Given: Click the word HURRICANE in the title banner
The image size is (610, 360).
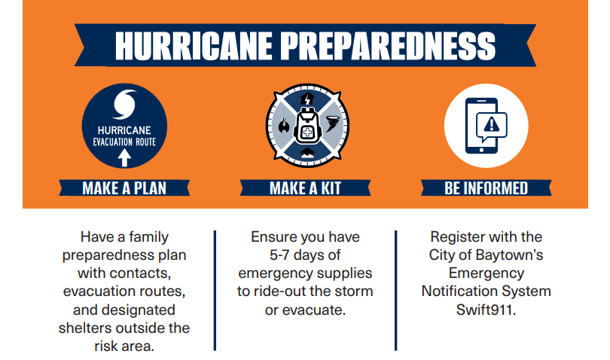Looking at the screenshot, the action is coord(194,45).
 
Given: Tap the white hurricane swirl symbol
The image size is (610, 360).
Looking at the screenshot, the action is coord(124,105).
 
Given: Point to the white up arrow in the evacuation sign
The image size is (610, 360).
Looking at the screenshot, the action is coord(124,158).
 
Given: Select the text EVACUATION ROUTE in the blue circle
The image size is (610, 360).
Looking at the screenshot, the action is coord(124,142).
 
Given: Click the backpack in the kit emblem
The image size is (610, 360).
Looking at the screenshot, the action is coord(307,126).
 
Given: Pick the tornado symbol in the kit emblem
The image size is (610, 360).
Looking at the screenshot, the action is coord(332,124).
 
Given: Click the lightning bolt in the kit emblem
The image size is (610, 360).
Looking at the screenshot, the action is coord(307,99).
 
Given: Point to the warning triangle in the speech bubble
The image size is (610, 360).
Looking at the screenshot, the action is coord(491,124).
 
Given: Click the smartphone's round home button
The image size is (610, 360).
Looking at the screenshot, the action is coord(482,150).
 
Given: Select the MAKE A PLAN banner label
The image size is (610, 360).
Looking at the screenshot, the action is coord(124,188).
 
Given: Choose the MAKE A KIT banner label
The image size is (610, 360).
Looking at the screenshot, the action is coord(306,188).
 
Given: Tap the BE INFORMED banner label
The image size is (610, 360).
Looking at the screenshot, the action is coord(486,188).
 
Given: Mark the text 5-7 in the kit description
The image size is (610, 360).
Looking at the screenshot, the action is coord(279,255).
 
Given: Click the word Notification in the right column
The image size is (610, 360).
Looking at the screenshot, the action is coord(459,291).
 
